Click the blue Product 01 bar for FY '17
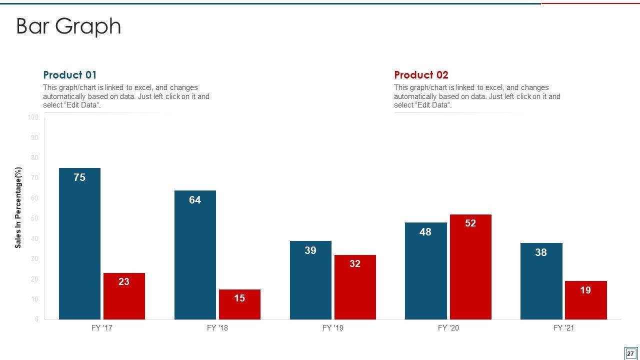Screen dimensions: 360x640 (x=79, y=245)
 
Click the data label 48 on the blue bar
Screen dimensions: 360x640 (x=425, y=232)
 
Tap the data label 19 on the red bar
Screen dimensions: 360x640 (x=585, y=290)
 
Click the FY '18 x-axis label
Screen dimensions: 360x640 (x=217, y=328)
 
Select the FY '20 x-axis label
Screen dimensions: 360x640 (x=448, y=328)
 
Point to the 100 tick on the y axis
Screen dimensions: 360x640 (x=33, y=117)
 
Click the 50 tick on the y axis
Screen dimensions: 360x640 (x=34, y=218)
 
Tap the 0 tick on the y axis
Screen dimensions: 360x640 (x=36, y=319)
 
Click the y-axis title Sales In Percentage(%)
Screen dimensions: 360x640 (x=18, y=207)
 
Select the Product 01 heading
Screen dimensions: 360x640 (x=70, y=75)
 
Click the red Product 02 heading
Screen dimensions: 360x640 (x=421, y=75)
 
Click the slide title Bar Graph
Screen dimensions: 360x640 (x=68, y=26)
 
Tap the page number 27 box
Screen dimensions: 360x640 (x=630, y=353)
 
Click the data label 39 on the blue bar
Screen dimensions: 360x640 (x=310, y=250)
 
